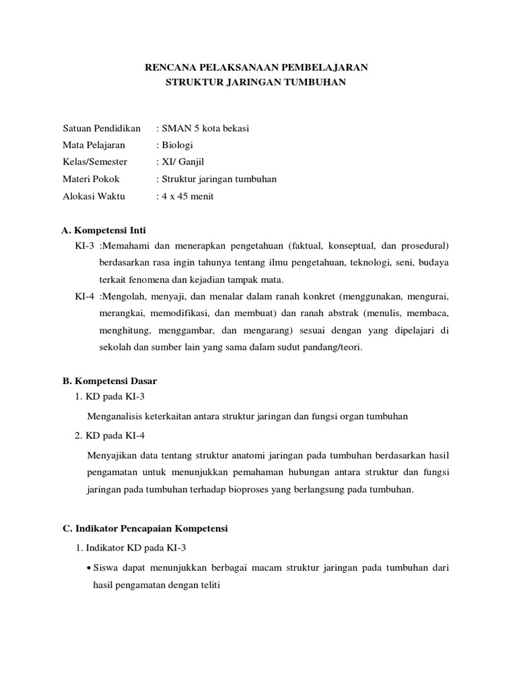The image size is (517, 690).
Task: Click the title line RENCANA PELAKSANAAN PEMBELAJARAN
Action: click(258, 67)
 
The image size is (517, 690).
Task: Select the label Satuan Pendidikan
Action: click(101, 128)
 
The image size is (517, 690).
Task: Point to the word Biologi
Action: click(176, 145)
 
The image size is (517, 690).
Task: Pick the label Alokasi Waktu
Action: click(94, 197)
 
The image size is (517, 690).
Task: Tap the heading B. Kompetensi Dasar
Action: click(110, 381)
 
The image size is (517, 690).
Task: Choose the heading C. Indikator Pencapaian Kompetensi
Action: click(145, 530)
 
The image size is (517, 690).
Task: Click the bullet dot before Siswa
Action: click(90, 569)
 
